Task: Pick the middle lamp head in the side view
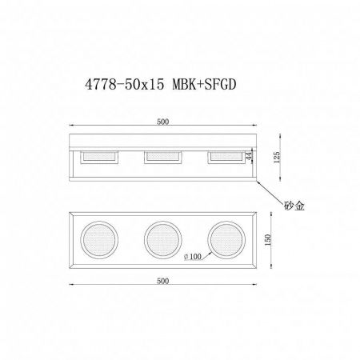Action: click(162, 158)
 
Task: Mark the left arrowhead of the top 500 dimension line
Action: click(72, 127)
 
